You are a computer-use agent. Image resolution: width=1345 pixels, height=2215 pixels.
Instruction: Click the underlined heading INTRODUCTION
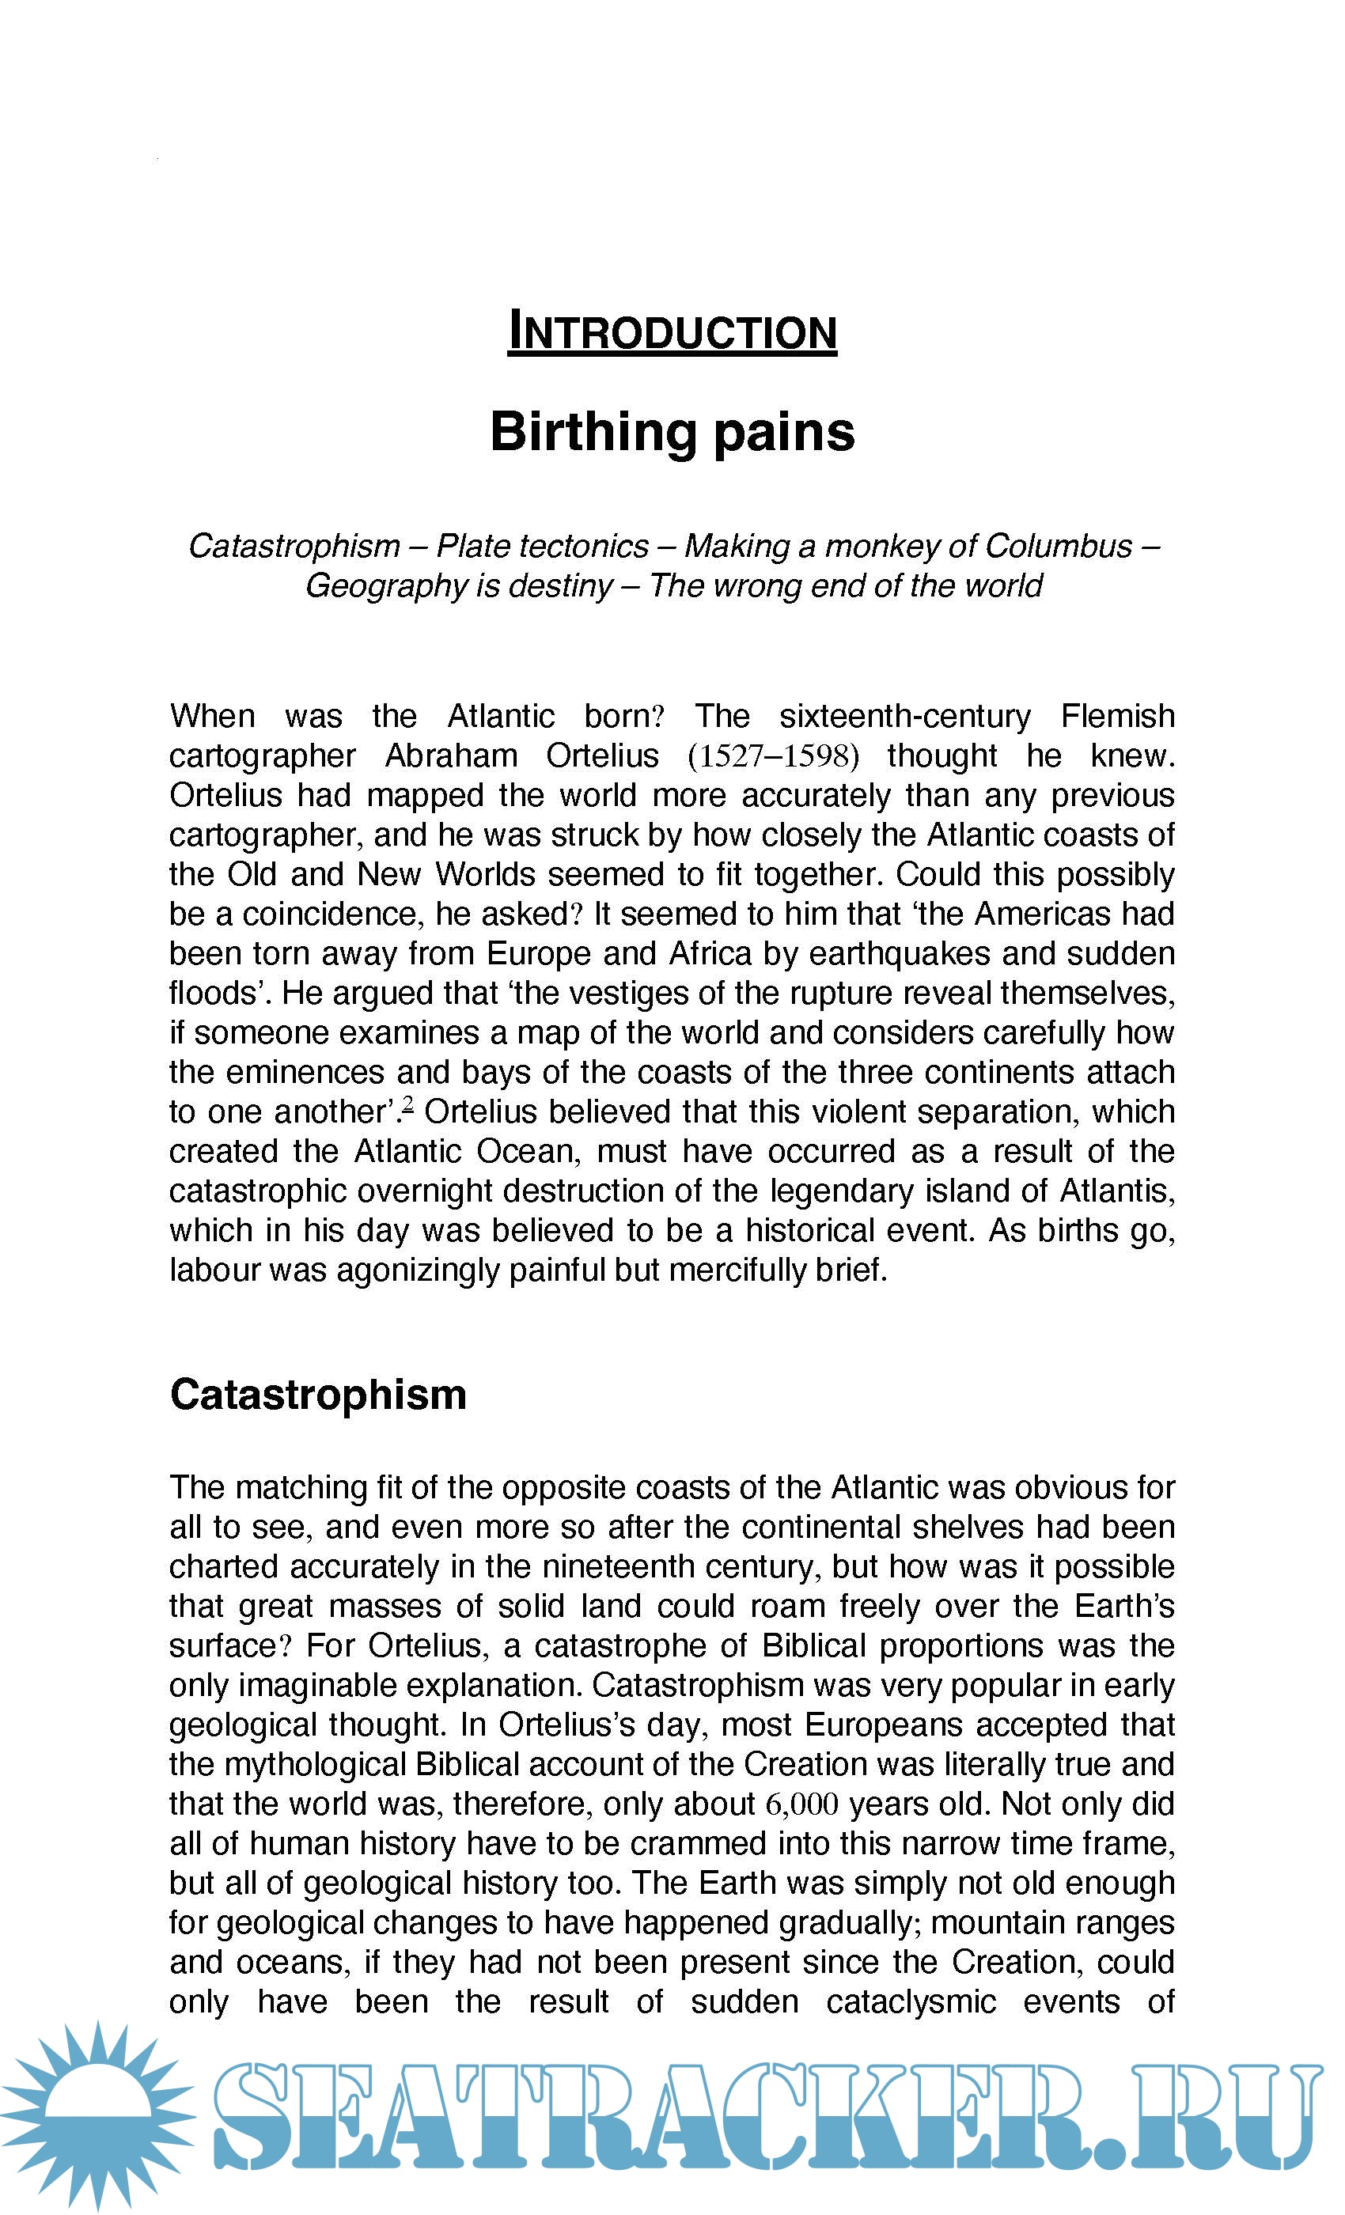[672, 331]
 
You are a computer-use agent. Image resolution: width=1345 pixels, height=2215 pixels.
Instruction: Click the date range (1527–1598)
[773, 756]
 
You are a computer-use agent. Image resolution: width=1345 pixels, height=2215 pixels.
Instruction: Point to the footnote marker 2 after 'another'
[408, 1104]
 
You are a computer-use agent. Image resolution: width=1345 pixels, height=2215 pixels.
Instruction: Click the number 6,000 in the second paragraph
[802, 1804]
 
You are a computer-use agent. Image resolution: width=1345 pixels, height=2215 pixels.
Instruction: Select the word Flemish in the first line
[1117, 717]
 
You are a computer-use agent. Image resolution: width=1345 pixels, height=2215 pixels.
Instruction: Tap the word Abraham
[450, 756]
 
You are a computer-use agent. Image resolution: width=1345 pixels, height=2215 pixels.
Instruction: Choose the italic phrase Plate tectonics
[542, 547]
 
